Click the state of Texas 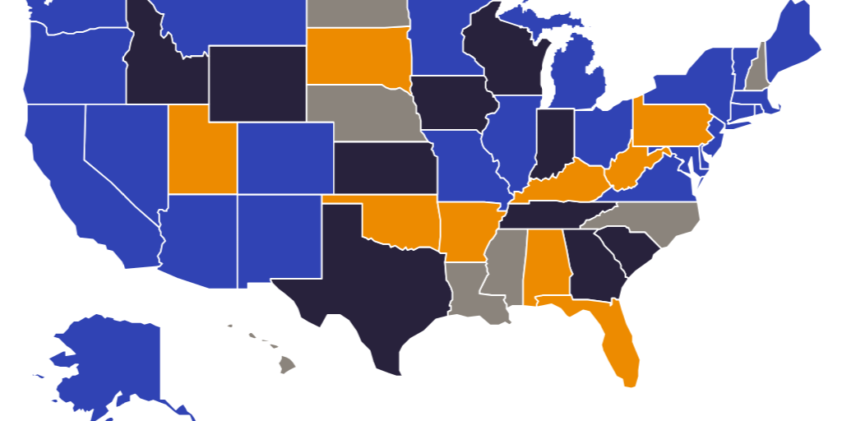(x=362, y=280)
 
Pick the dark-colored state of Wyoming (x=257, y=82)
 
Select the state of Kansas (x=385, y=168)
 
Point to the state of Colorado (x=285, y=158)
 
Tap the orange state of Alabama (x=545, y=263)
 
